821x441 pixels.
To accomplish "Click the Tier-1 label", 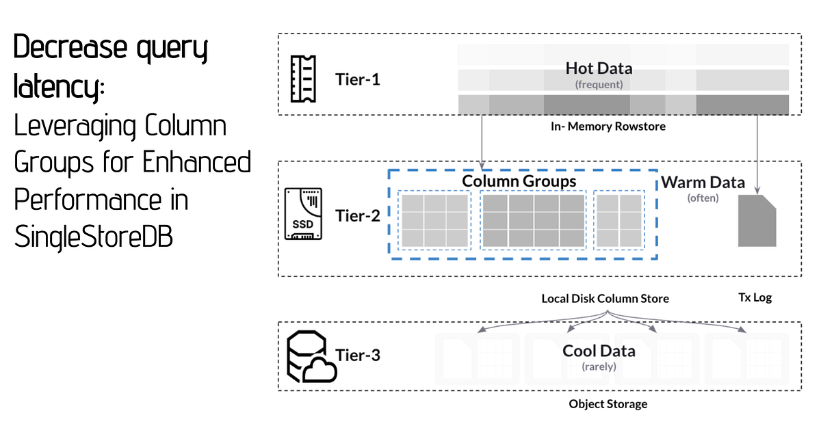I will (358, 79).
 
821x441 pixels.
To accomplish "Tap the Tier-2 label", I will (358, 216).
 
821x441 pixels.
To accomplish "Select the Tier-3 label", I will (358, 355).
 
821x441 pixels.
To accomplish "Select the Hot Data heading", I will (599, 68).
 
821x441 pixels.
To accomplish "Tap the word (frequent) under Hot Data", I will (599, 85).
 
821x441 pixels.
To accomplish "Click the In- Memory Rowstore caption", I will (608, 126).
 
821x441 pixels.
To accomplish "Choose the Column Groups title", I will (519, 181).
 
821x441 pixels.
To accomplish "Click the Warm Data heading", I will (703, 183).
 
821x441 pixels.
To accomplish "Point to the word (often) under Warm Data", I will (703, 198).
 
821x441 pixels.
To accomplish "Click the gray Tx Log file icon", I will (757, 219).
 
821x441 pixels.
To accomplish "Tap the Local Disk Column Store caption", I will (605, 299).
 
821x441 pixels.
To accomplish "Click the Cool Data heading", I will (599, 351).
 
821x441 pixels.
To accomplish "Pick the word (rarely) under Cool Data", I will (599, 366).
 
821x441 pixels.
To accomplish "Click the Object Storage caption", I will (608, 404).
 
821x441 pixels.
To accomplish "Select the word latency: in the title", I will (60, 88).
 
